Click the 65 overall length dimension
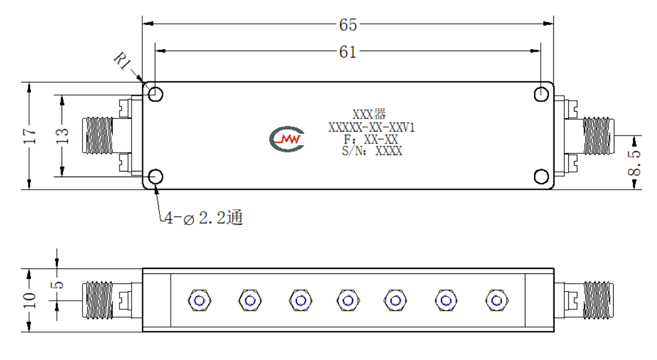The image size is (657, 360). tap(348, 24)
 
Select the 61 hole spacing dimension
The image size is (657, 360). tap(348, 52)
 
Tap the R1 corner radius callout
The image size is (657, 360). tap(122, 61)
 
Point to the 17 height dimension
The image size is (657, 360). tap(30, 136)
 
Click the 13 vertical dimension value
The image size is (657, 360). tap(62, 136)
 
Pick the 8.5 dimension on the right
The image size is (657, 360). tap(634, 163)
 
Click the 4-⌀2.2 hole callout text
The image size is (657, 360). tap(204, 218)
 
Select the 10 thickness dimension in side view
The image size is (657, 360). tap(30, 300)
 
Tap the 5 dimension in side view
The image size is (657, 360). tap(58, 285)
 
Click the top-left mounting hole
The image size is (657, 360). tap(155, 95)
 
